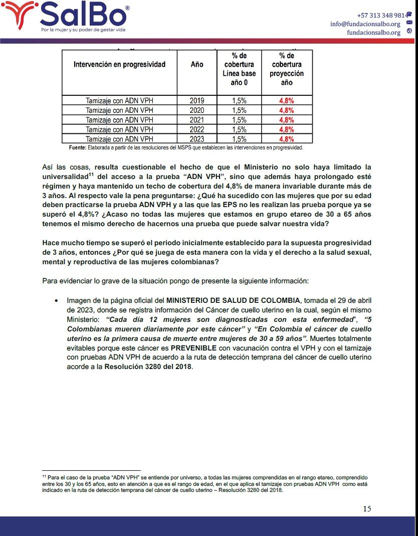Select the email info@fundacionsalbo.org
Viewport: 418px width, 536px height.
tap(365, 24)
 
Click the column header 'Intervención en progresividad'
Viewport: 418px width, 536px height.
tap(119, 65)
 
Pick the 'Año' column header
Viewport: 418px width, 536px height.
tap(197, 65)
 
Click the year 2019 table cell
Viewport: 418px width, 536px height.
tap(197, 100)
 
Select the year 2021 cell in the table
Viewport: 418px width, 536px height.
tap(197, 120)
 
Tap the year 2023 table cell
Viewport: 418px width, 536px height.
tap(197, 139)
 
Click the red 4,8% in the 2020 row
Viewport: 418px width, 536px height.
tap(287, 110)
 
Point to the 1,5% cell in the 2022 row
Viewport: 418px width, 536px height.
tap(239, 129)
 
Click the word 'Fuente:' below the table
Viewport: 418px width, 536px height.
tap(78, 147)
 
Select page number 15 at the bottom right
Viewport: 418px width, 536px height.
tap(367, 508)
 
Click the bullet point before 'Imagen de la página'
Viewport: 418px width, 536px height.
tap(56, 301)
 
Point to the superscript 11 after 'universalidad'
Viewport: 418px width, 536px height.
tap(91, 174)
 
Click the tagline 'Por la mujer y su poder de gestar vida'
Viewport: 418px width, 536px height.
tap(83, 30)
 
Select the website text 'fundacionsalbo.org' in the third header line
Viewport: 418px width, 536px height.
tap(373, 33)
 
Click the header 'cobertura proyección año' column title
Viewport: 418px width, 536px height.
tap(287, 69)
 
